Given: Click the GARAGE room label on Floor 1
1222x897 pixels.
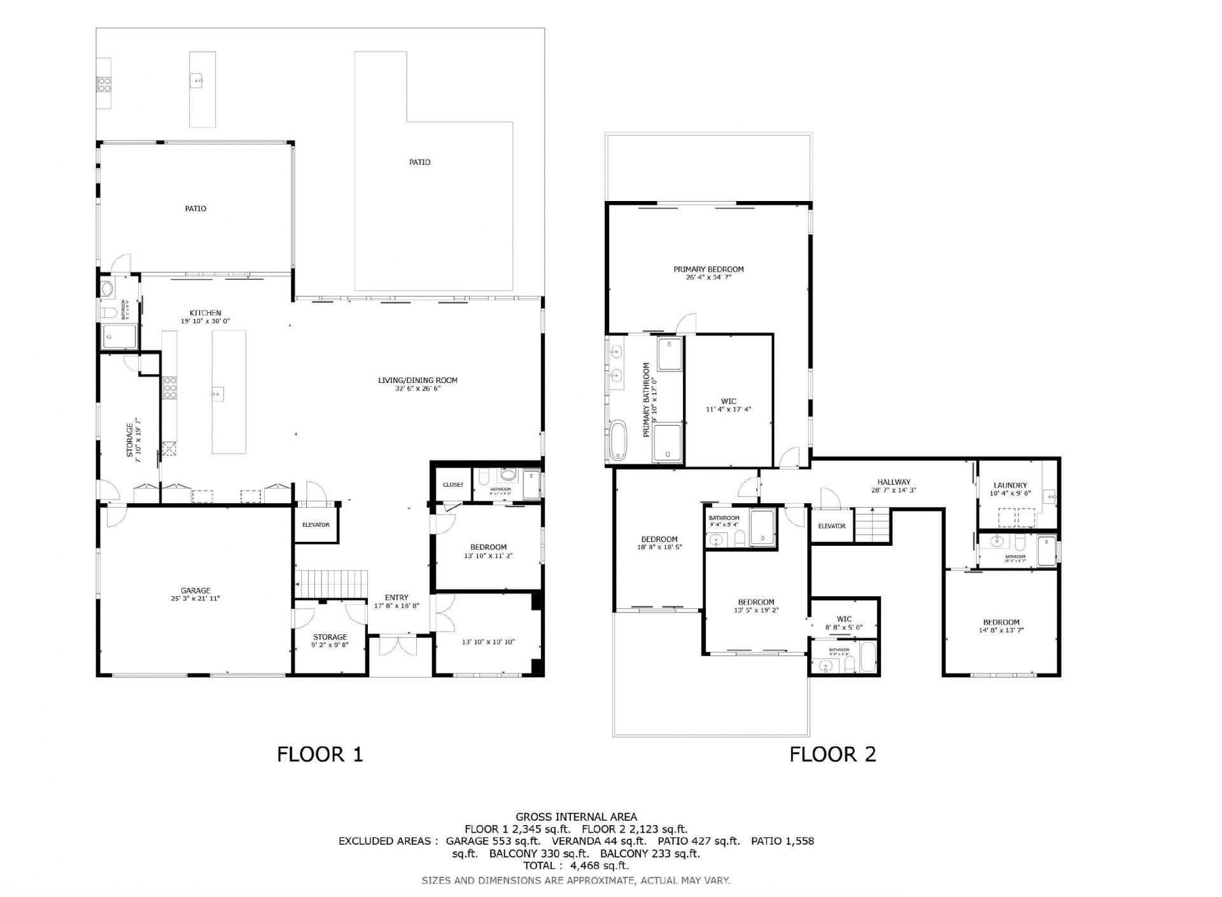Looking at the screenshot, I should tap(195, 590).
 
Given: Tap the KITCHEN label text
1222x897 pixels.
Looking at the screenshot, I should tap(205, 313).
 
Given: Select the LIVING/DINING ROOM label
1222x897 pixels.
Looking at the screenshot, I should tap(418, 380).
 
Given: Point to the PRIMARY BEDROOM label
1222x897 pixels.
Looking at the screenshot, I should tap(708, 269).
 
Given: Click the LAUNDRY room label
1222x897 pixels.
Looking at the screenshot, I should tap(1010, 485).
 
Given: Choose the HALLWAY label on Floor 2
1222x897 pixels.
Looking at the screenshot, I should tap(894, 482).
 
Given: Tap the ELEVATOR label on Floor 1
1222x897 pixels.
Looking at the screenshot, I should tap(316, 525).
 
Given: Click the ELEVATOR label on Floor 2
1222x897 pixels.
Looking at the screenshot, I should tap(831, 526).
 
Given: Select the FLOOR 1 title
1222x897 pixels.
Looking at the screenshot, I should tap(320, 754).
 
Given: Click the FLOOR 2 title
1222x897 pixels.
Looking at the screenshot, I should tap(832, 754).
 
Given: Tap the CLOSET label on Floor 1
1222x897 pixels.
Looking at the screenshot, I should tap(453, 485).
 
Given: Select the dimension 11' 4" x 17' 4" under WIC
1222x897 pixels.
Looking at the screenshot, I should tap(728, 409).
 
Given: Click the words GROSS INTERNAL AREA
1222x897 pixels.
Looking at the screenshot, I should tap(576, 817).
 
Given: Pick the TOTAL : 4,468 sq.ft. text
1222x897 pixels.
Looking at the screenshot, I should tap(576, 865).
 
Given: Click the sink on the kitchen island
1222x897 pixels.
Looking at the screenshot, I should tap(217, 393).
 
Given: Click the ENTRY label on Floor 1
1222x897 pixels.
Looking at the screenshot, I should tap(396, 597).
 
